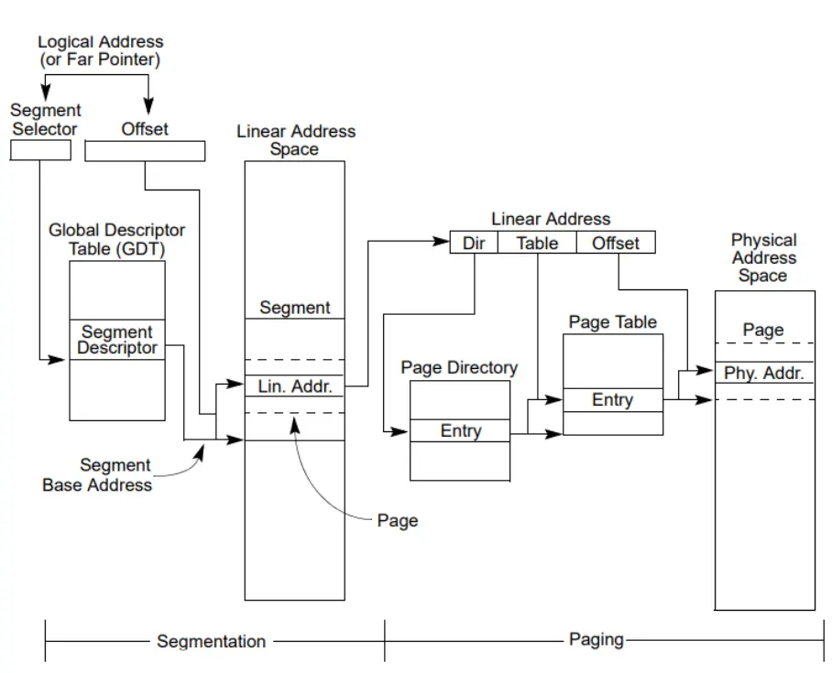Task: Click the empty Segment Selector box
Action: [x=41, y=150]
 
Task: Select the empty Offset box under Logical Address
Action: [x=145, y=151]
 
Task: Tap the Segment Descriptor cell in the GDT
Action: [x=117, y=340]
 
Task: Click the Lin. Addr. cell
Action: [x=294, y=386]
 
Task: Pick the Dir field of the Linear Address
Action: [x=474, y=243]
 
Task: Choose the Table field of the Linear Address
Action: [x=537, y=243]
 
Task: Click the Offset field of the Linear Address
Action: [x=616, y=243]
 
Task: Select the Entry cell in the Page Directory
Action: [x=460, y=430]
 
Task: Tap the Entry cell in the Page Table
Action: [x=613, y=400]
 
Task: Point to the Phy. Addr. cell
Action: [x=764, y=373]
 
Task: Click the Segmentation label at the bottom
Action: [x=211, y=641]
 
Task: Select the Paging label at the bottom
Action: [x=596, y=640]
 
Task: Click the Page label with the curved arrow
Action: [x=398, y=520]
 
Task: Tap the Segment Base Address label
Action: [x=98, y=474]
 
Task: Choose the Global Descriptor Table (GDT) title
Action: [x=116, y=239]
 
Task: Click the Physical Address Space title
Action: [x=763, y=257]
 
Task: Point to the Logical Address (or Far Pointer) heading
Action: [x=100, y=50]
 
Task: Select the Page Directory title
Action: [x=459, y=367]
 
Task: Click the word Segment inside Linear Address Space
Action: [x=295, y=308]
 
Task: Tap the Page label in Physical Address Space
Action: [x=763, y=330]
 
